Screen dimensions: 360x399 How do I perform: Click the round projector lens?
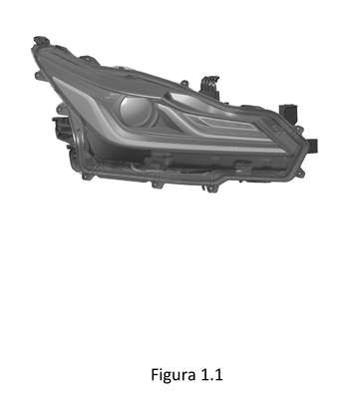tap(136, 111)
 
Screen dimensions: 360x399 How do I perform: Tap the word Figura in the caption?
tap(173, 375)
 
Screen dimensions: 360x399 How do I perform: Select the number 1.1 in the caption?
tap(210, 375)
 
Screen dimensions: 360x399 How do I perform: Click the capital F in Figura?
tap(155, 374)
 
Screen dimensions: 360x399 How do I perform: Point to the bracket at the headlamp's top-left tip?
tap(42, 41)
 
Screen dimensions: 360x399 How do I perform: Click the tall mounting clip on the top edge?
tap(209, 87)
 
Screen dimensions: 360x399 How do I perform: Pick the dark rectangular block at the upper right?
tap(288, 113)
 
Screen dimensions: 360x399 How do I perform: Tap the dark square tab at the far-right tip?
tap(312, 145)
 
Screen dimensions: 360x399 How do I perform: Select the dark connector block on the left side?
tap(62, 131)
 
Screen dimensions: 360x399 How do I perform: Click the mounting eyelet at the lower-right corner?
tap(300, 173)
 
